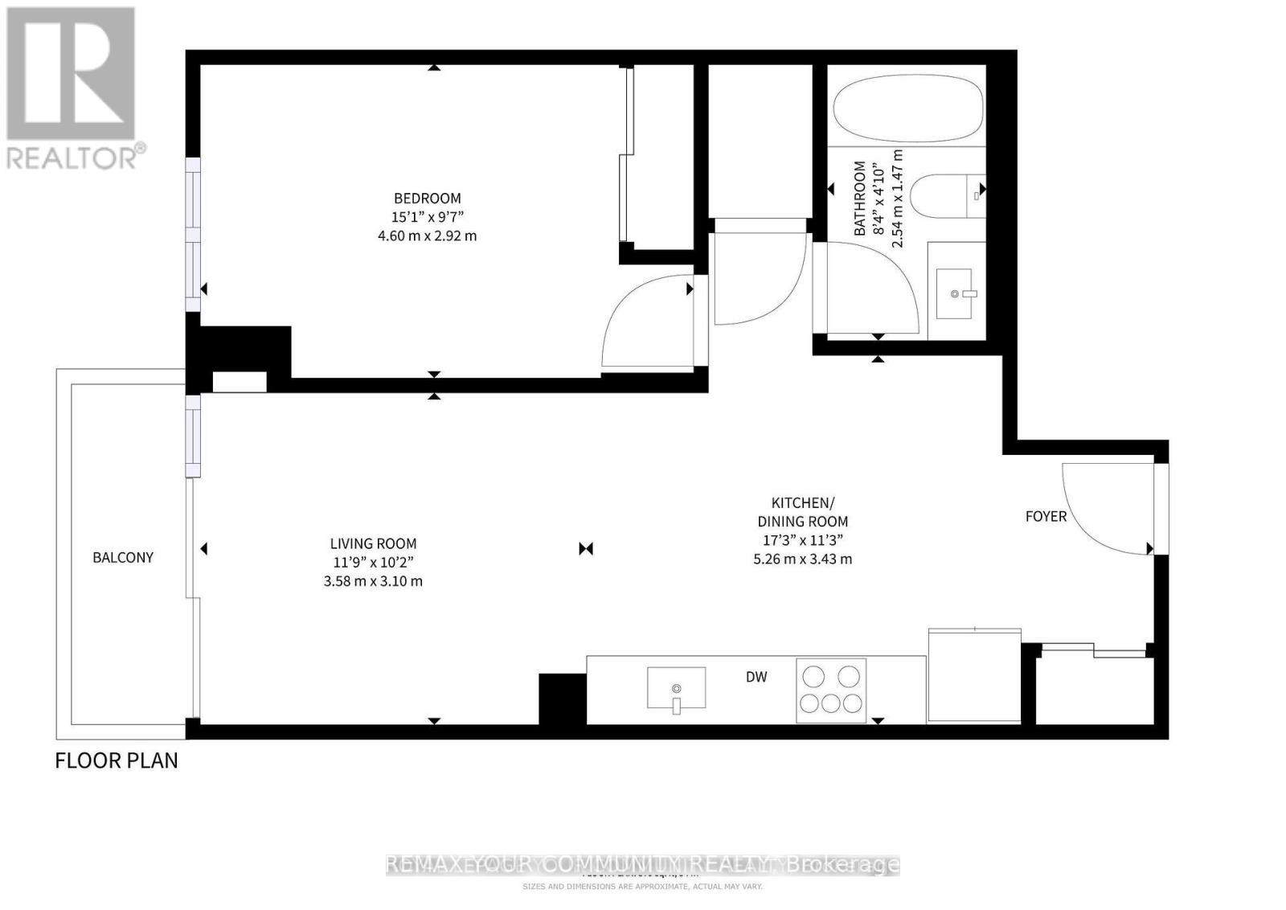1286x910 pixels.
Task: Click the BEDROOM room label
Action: coord(427,198)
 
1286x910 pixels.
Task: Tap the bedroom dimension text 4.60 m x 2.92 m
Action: coord(427,236)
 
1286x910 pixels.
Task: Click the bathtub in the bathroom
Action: coord(908,109)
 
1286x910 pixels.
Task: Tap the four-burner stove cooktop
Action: coord(831,690)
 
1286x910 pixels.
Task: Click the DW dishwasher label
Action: coord(756,677)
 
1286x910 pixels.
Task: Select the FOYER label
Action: coord(1046,516)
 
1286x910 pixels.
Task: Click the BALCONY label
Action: coord(123,557)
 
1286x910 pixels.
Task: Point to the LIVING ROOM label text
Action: coord(373,543)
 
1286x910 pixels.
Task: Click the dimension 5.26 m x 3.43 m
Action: coord(802,559)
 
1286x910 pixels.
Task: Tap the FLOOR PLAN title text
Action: coord(117,760)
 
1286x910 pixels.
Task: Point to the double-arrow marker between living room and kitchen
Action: coord(586,549)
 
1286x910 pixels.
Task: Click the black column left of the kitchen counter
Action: coord(562,699)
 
